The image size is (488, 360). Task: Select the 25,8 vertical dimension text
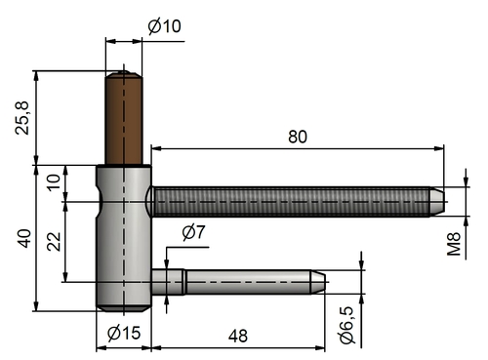(x=20, y=118)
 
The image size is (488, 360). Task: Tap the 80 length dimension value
(x=297, y=137)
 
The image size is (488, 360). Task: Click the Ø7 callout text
(x=193, y=232)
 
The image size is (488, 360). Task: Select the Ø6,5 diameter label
(x=346, y=322)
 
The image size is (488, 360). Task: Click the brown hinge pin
(x=124, y=122)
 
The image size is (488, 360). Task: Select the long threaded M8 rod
(x=293, y=203)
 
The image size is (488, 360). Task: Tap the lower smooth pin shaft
(x=244, y=281)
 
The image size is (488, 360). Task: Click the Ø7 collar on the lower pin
(x=175, y=281)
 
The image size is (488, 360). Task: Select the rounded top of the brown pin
(x=124, y=73)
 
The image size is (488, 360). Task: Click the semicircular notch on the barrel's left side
(x=102, y=203)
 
